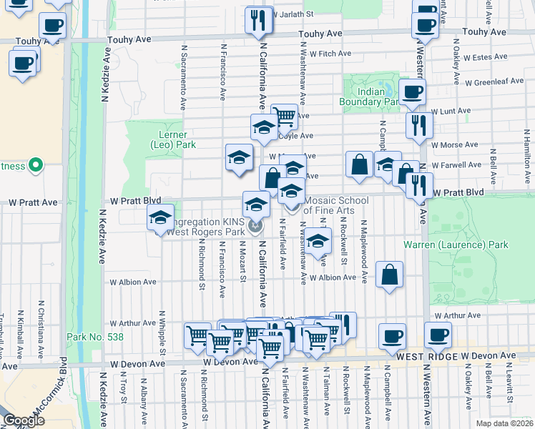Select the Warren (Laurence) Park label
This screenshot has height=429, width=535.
click(x=456, y=245)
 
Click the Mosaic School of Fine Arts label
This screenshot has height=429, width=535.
click(x=335, y=205)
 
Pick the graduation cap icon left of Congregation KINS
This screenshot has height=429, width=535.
click(x=160, y=217)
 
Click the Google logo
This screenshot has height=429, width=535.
click(x=24, y=420)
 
